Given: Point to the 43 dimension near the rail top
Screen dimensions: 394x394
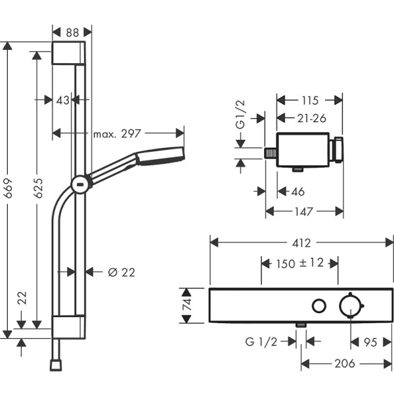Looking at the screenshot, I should [62, 100].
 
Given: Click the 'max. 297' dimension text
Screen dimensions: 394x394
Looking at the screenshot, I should [117, 134].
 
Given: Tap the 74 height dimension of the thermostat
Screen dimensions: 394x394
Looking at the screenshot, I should [187, 305].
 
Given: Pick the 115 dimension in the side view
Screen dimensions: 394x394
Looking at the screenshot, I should [307, 100].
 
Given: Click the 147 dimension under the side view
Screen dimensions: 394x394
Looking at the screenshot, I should [303, 211].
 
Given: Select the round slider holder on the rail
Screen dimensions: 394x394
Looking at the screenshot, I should [79, 184].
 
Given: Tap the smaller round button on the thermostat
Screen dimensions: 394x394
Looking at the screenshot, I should [320, 305].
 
